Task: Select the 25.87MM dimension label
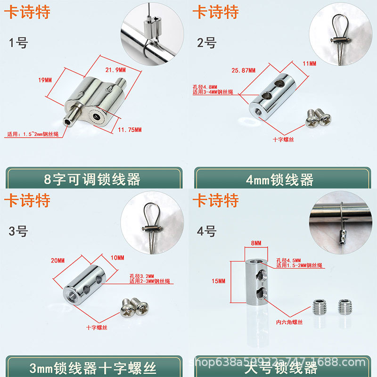244,70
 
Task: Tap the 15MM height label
219,281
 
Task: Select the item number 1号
19,43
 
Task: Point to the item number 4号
206,231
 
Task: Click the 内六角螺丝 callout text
289,321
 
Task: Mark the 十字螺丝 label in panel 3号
97,327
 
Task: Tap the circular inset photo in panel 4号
338,220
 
